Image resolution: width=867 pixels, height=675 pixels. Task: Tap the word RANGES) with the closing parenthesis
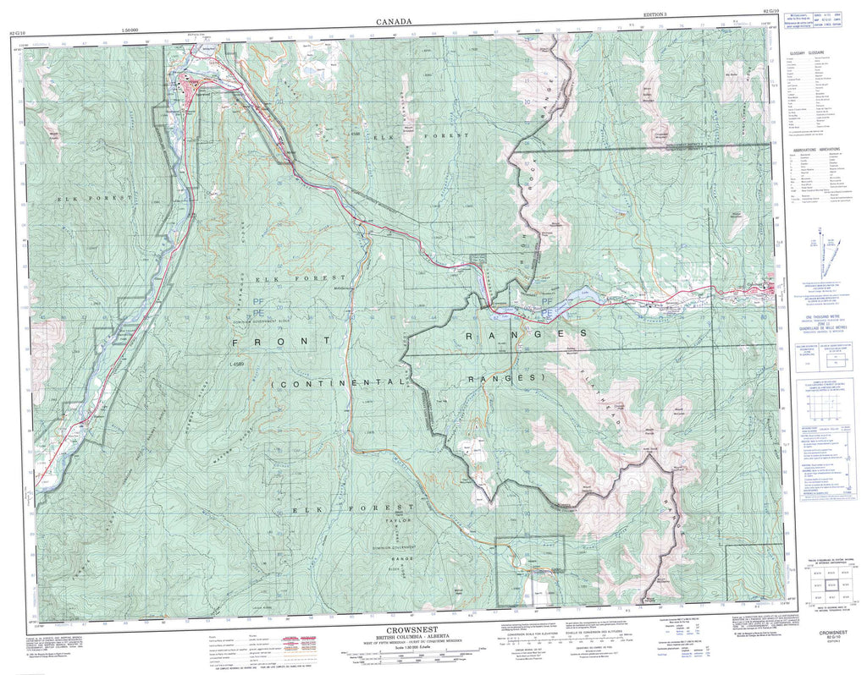click(505, 378)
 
